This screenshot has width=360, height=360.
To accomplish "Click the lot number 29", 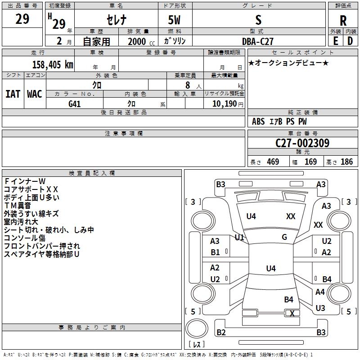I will [x=22, y=19].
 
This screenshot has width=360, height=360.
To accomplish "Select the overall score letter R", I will [x=343, y=21].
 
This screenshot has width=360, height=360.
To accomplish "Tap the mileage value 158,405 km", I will [x=53, y=64].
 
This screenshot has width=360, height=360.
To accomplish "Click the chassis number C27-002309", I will [x=302, y=143].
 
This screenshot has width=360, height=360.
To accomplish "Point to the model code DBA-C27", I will [x=258, y=41].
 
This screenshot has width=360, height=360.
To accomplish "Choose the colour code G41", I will [x=75, y=103].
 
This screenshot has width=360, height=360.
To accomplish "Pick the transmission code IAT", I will [x=13, y=94].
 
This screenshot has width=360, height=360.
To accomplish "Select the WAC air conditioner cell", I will [x=34, y=94].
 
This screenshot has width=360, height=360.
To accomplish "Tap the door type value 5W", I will [x=175, y=21].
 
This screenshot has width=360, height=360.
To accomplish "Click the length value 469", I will [x=273, y=162].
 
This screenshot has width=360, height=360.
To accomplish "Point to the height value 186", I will [x=346, y=162].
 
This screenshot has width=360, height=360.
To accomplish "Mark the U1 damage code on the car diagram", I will [x=239, y=237].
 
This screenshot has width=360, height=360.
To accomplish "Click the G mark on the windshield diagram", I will [x=284, y=237].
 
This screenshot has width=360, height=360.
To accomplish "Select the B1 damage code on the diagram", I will [x=215, y=252].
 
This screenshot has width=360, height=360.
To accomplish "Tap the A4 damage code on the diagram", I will [x=320, y=292].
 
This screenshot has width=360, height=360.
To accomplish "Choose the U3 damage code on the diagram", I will [x=320, y=308].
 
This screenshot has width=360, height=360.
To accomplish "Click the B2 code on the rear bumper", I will [x=221, y=333].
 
